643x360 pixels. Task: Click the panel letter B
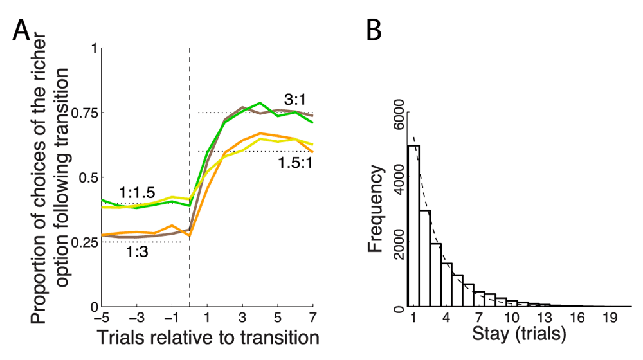[x=377, y=30]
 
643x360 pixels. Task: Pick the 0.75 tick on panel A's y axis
[x=80, y=113]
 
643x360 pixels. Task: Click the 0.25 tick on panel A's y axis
[x=80, y=242]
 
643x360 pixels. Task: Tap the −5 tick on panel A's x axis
[x=100, y=318]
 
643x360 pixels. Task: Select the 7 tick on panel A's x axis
[x=313, y=318]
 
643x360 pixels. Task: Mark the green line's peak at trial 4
[x=260, y=103]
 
